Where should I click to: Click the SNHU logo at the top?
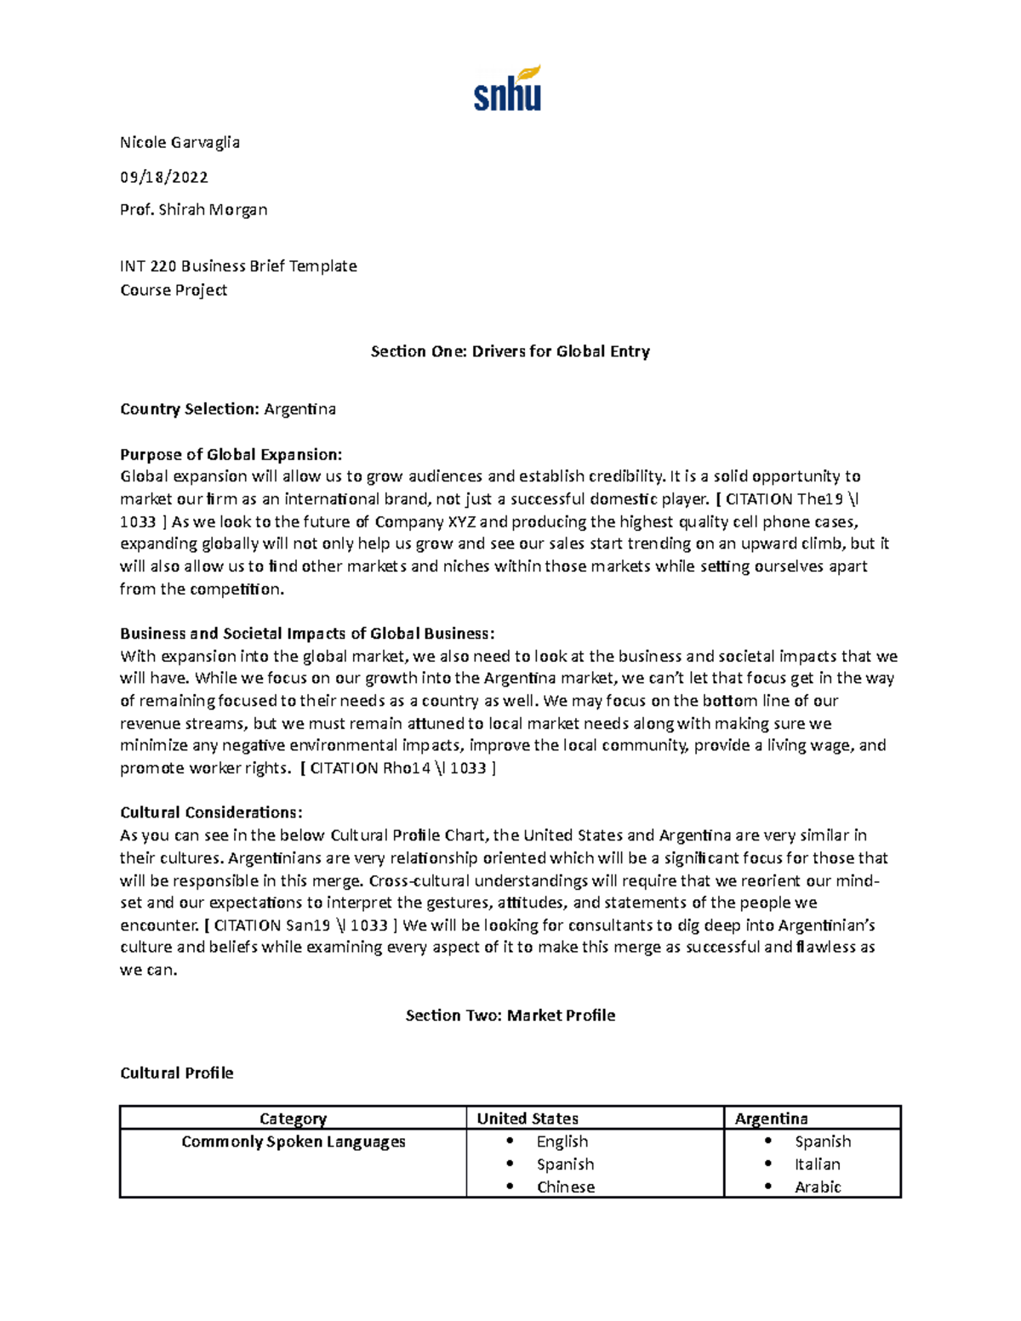tap(507, 88)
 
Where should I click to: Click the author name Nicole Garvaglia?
tap(180, 142)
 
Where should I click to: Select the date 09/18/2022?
tap(163, 177)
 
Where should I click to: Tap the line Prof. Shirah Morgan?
tap(193, 209)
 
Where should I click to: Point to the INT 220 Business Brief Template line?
tap(238, 266)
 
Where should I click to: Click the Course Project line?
tap(174, 290)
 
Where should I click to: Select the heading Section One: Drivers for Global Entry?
tap(510, 351)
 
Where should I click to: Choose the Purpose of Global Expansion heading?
tap(231, 454)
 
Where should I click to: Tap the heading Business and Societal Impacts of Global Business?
tap(306, 634)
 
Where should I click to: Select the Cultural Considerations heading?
tap(211, 812)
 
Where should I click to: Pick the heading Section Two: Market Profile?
tap(510, 1016)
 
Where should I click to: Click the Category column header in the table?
tap(293, 1119)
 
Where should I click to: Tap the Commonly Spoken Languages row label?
tap(293, 1142)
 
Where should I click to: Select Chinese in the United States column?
tap(565, 1187)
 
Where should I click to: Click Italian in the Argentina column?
tap(817, 1164)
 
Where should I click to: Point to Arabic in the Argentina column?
tap(817, 1187)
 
